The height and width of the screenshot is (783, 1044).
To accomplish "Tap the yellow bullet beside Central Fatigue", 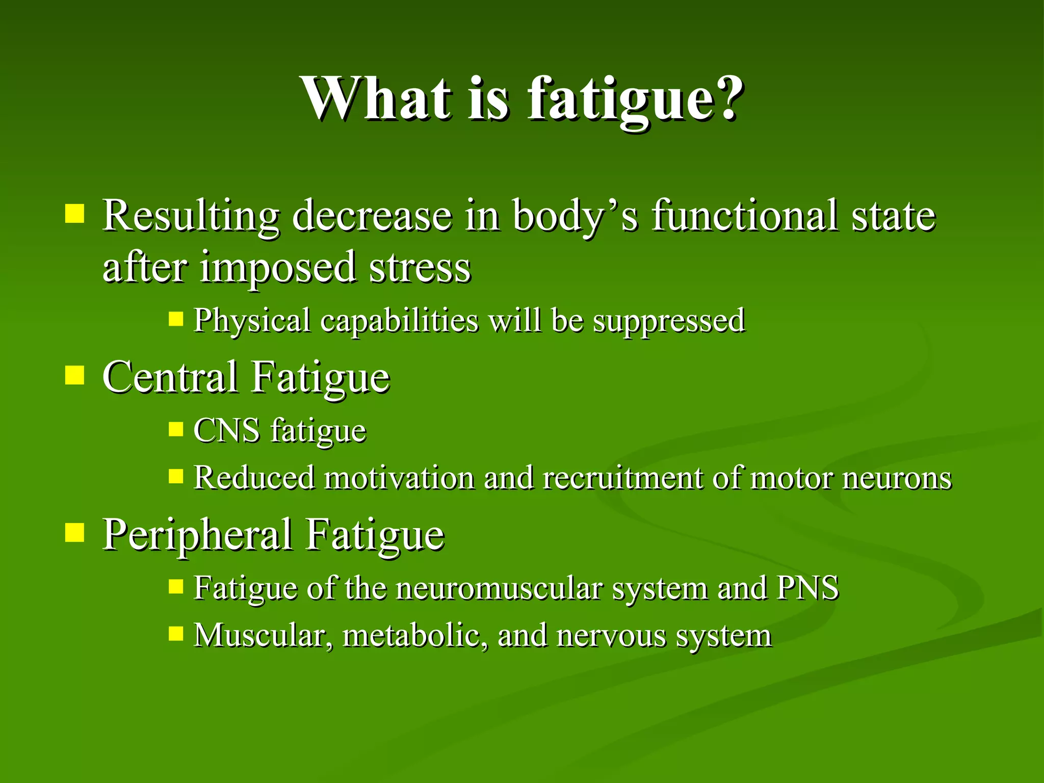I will (75, 376).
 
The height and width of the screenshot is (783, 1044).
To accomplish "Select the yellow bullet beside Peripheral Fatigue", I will (75, 533).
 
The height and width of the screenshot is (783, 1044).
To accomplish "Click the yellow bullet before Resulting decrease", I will (75, 214).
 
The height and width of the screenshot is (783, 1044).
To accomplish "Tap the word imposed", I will (277, 268).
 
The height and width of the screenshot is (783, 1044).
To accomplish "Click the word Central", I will (170, 377).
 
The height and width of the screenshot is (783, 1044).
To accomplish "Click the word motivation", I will (399, 478).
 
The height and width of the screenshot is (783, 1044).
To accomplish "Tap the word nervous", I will (611, 636).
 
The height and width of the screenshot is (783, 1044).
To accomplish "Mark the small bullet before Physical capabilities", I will (176, 320).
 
